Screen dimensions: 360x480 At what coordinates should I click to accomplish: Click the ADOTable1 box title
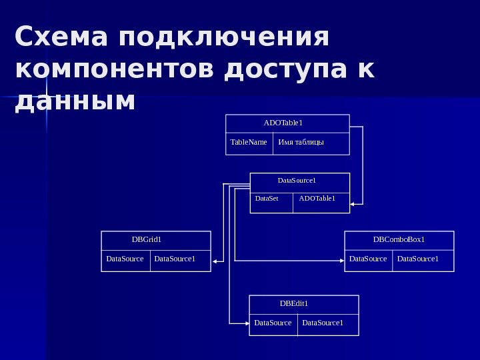283,123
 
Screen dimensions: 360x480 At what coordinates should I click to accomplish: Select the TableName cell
249,143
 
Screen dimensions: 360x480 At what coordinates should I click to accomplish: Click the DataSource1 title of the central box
296,181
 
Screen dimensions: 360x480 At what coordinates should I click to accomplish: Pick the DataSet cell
267,199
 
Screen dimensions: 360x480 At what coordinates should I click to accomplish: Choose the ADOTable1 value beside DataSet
317,199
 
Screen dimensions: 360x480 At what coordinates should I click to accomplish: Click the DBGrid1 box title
147,239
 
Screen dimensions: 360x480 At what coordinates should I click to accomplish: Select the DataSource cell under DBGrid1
125,259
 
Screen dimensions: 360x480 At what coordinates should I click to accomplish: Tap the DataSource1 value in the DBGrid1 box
175,259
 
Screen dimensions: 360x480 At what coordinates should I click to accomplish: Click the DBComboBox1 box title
399,239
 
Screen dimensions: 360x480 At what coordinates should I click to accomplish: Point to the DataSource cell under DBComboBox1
368,259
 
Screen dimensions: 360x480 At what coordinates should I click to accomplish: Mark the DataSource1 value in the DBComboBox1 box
418,259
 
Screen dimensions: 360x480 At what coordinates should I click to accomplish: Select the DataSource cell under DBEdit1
273,323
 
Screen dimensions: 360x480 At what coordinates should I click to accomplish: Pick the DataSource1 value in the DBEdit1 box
323,323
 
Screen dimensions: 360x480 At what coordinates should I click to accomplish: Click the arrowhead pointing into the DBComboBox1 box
340,259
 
